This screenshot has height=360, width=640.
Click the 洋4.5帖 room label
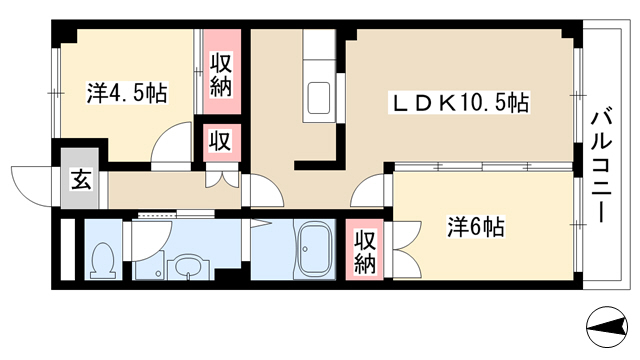[127, 93]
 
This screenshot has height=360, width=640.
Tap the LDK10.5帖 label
[459, 102]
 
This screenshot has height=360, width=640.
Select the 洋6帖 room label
[476, 227]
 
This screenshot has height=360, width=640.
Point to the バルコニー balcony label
[602, 163]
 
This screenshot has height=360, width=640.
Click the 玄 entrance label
[80, 179]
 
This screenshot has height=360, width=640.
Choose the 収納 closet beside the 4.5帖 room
[222, 73]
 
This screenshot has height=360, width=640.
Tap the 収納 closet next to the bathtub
[364, 249]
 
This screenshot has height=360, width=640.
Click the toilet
[102, 261]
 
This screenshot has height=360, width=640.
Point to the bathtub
[314, 250]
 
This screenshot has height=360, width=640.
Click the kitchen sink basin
[318, 98]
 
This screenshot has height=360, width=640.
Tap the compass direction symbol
[607, 327]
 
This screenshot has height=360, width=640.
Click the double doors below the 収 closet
[222, 178]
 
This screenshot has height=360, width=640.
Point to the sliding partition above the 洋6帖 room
[483, 167]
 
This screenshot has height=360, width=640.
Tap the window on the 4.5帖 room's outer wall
[56, 93]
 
